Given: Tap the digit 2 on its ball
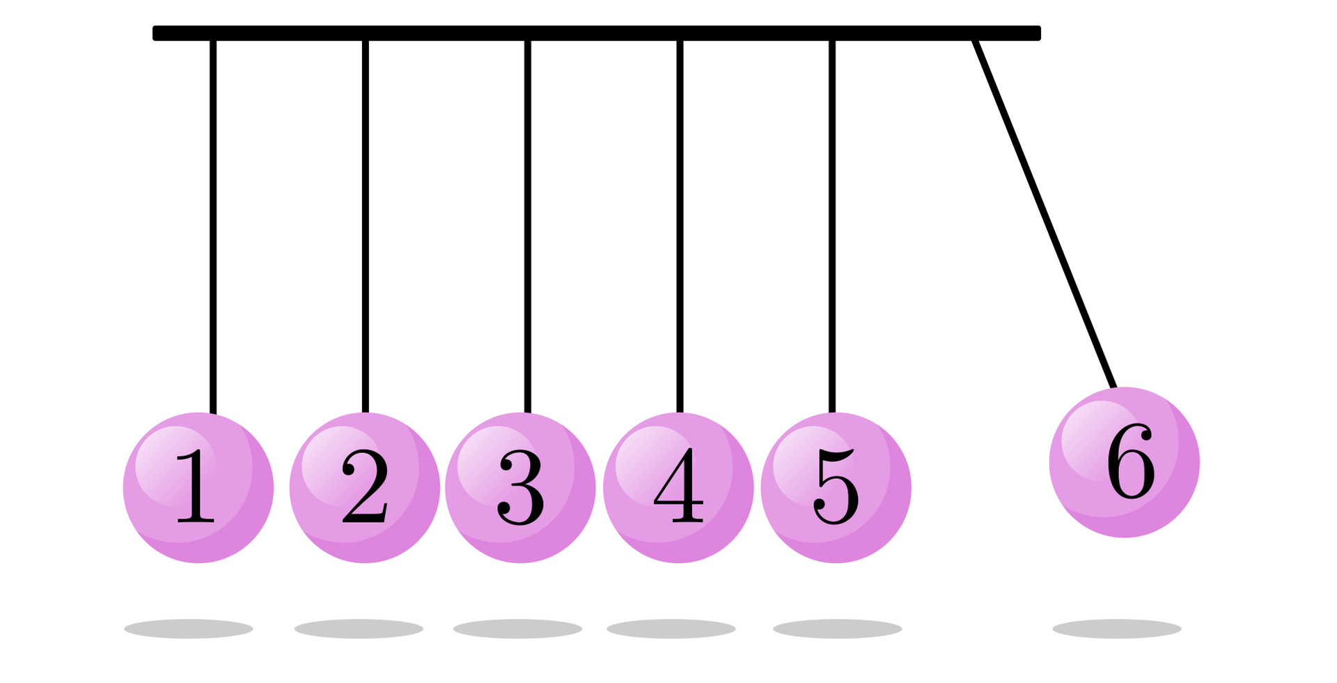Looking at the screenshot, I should [x=364, y=486].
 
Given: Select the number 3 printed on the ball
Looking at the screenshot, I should [x=520, y=486].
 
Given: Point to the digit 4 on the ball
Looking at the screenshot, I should [x=678, y=486].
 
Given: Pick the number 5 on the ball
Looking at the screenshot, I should [x=836, y=486].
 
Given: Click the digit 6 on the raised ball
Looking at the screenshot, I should [x=1131, y=461].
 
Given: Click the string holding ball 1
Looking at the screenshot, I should [x=213, y=223].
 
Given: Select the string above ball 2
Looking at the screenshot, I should [x=366, y=223].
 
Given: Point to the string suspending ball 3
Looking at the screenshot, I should [x=528, y=223].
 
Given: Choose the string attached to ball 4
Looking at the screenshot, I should [x=680, y=223].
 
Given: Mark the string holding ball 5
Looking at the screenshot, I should [x=832, y=223].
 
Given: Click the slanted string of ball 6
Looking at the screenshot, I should [x=1045, y=213].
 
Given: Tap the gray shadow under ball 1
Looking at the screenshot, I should [x=189, y=629].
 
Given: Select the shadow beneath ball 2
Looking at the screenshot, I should [x=359, y=629].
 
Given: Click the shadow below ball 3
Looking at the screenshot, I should [x=517, y=629].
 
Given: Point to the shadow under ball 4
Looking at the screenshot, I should [x=671, y=629].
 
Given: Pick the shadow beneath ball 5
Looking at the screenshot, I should [x=837, y=629].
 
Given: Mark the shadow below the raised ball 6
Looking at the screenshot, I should [x=1116, y=629].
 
